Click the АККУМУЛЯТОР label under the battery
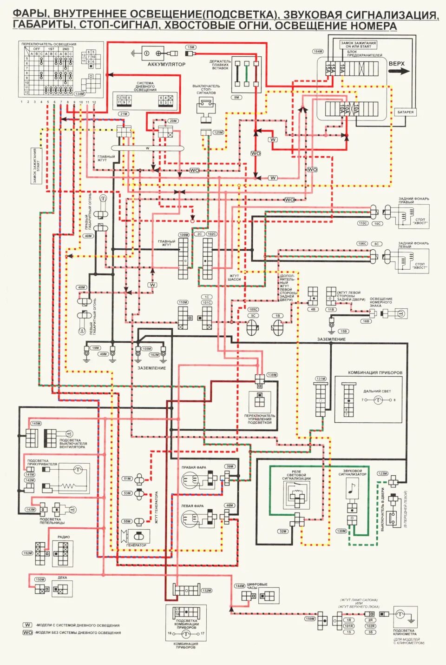click(x=166, y=64)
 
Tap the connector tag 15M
click(x=191, y=47)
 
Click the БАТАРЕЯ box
click(x=405, y=112)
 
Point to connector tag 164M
click(x=318, y=52)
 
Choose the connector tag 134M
click(x=79, y=94)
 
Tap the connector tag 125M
click(x=218, y=133)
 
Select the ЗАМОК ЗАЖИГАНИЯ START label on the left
click(x=36, y=166)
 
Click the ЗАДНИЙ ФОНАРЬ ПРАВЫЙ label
click(x=413, y=200)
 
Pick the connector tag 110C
click(x=362, y=223)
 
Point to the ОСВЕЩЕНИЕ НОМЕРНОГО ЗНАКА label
click(x=381, y=302)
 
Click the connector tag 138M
click(x=272, y=375)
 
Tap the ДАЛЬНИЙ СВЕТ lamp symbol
click(x=379, y=400)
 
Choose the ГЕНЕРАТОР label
click(x=136, y=545)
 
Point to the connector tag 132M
click(x=207, y=591)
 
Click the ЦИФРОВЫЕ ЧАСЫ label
click(x=257, y=586)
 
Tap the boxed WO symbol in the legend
click(x=28, y=632)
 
